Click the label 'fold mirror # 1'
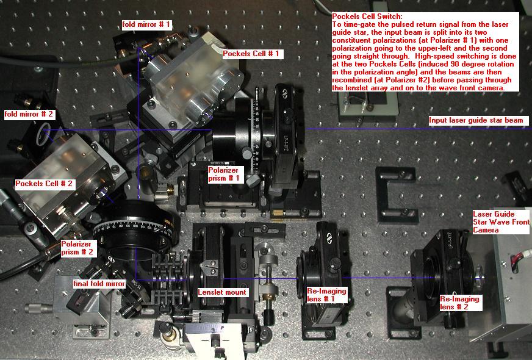point(147,25)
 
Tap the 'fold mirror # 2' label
point(29,114)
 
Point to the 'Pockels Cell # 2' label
point(44,184)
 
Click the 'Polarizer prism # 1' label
point(223,174)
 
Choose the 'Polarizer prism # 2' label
point(77,248)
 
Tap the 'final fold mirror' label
point(99,284)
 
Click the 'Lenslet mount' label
point(222,292)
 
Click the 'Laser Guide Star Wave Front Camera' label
point(501,222)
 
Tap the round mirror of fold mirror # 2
point(43,134)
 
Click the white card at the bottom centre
point(215,341)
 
